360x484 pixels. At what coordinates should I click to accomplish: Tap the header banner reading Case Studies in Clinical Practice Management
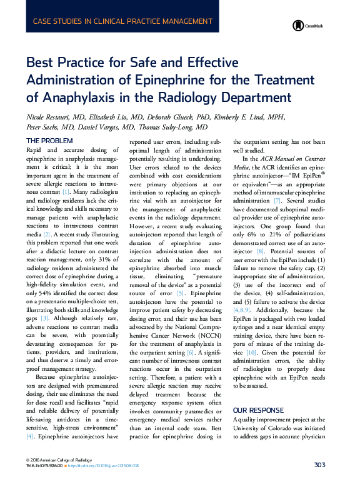[122, 21]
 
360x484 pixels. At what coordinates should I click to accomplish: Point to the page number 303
[319, 465]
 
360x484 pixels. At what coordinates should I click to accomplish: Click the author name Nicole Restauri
[49, 117]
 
